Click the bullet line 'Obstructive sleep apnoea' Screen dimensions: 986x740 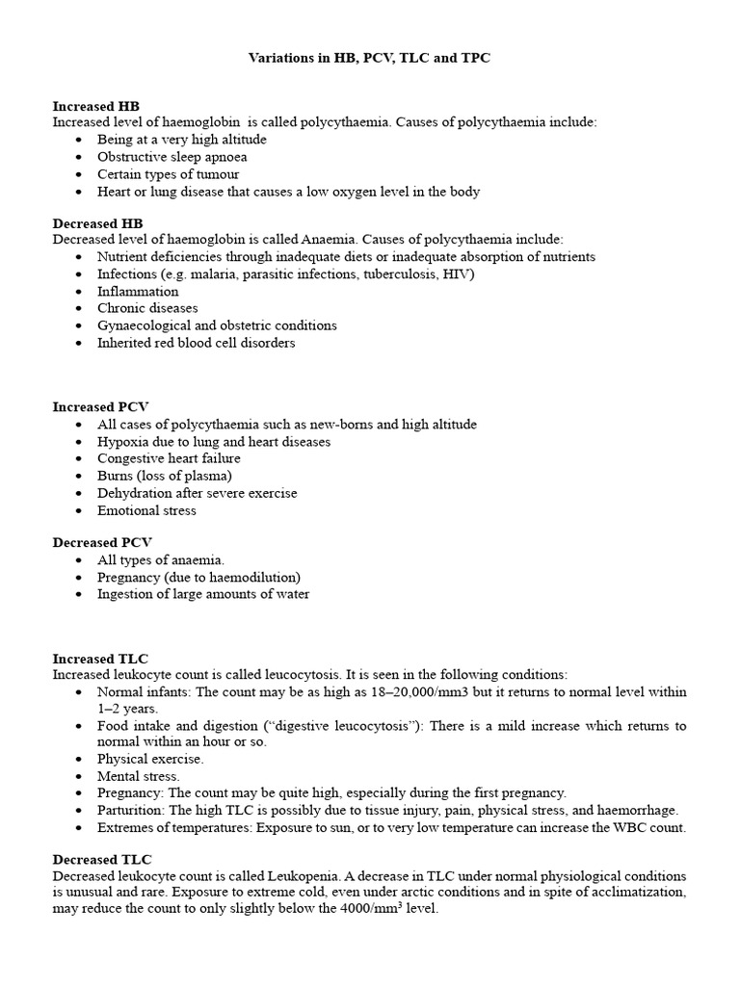[x=172, y=157]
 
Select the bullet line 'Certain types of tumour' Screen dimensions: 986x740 [x=168, y=174]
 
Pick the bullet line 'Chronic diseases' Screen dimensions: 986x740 [x=147, y=308]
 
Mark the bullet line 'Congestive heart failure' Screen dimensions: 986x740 [x=169, y=458]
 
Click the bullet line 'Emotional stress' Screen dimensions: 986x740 [x=146, y=510]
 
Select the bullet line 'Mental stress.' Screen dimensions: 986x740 [x=139, y=775]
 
